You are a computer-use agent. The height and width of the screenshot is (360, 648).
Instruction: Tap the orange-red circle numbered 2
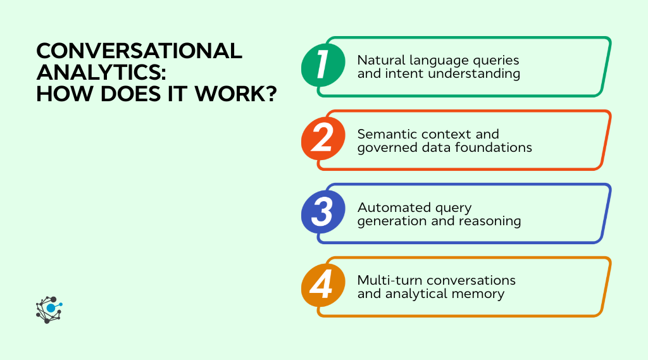pos(322,139)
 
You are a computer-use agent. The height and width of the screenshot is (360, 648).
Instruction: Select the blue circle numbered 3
pos(322,213)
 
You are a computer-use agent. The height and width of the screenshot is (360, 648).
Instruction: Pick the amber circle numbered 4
pos(322,286)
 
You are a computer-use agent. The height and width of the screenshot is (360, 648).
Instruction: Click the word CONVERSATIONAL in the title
pos(139,51)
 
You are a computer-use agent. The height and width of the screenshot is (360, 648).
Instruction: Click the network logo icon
pos(49,309)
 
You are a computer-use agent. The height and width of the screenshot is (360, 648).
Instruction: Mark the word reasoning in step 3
pos(491,221)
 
